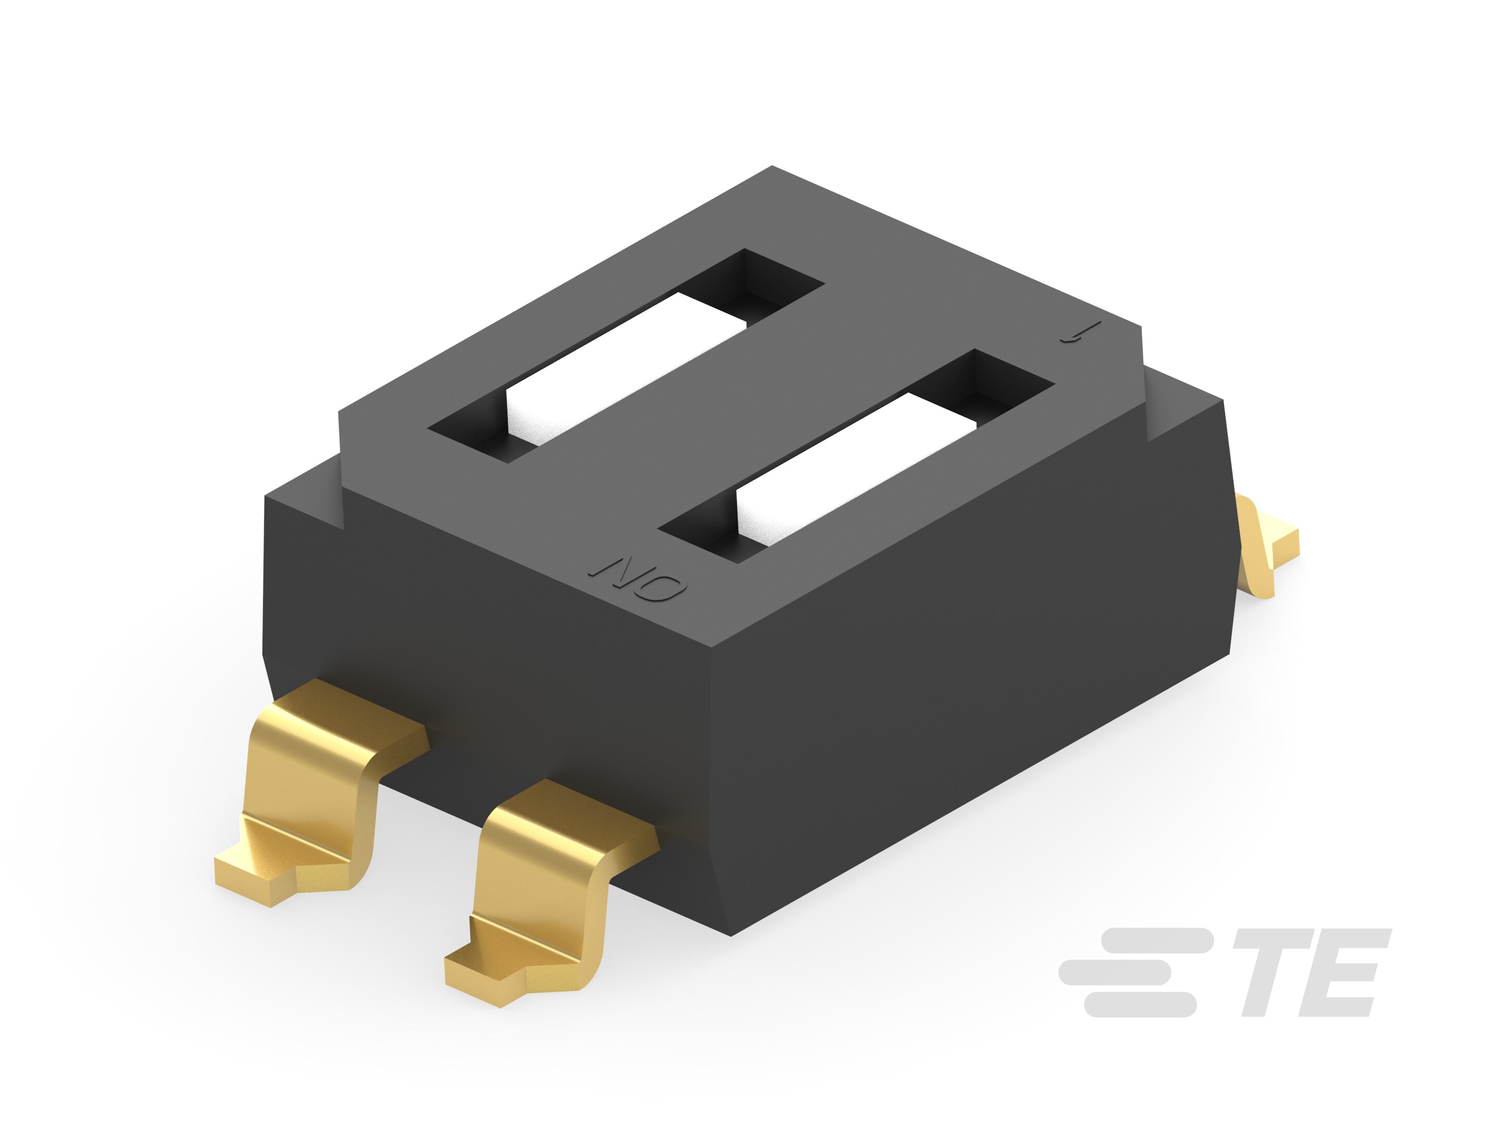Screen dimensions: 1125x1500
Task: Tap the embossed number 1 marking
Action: [1074, 334]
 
